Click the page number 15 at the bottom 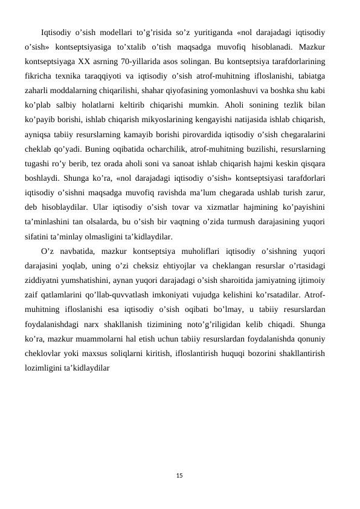tap(180, 476)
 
